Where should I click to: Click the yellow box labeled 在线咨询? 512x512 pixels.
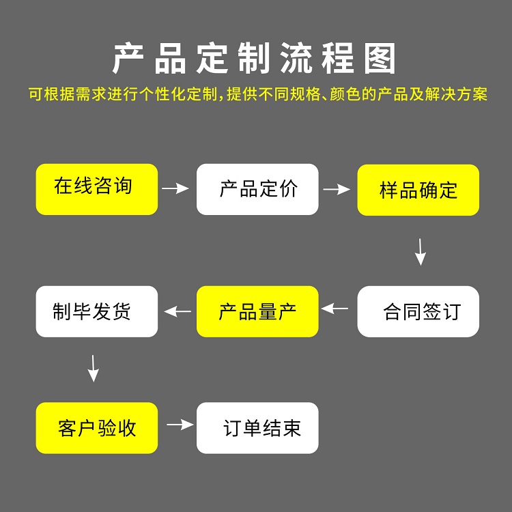(96, 189)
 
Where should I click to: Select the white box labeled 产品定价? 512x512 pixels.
(257, 189)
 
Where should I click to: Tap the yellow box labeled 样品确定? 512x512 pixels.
(418, 190)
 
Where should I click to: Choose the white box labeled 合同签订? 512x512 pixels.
(418, 311)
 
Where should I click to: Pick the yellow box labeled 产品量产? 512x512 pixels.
(257, 311)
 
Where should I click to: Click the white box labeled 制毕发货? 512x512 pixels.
(96, 311)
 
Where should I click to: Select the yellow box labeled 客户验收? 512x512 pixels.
(96, 428)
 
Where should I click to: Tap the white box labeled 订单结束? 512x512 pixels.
(257, 428)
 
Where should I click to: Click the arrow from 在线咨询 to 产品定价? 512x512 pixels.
(176, 188)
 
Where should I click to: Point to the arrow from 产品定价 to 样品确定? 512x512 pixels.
(337, 189)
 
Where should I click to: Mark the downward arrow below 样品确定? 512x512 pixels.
(421, 252)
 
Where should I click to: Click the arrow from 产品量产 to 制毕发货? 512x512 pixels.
(178, 311)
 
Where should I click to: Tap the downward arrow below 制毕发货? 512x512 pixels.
(94, 369)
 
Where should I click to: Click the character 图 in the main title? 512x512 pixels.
(380, 60)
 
